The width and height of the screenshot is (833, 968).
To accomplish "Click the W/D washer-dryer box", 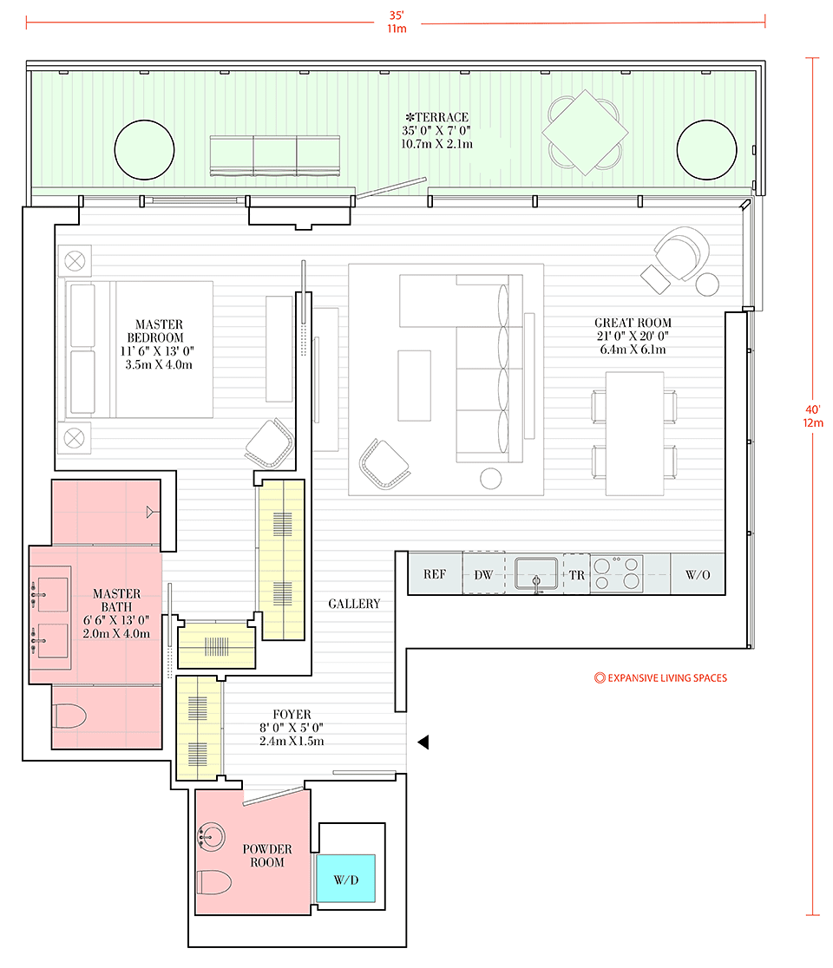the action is tap(346, 878).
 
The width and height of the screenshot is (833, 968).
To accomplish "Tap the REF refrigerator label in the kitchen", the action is tap(435, 574).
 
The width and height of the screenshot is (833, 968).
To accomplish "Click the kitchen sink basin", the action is tap(536, 573).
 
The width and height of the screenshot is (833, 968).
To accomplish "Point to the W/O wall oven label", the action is tap(698, 575).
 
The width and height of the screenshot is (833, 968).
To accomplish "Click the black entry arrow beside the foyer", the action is tap(423, 742).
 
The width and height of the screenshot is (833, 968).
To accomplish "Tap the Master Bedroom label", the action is tap(158, 344).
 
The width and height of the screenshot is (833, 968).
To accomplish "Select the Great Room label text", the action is tap(633, 336).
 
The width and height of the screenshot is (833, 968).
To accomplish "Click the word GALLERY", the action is tap(354, 604).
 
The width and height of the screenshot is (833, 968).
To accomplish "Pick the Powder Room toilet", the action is tap(213, 882).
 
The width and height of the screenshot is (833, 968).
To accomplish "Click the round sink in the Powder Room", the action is tap(211, 837).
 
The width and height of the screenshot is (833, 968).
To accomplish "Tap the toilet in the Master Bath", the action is tap(69, 716).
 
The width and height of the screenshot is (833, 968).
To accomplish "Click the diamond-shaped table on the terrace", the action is tap(585, 132).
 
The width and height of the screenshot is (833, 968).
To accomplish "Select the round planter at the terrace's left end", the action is tap(145, 149).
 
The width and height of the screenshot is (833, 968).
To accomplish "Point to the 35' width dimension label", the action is tap(397, 22).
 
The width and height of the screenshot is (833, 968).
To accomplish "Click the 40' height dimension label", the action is tap(813, 416).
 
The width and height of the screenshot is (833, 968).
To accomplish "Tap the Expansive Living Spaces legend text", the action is tap(660, 677).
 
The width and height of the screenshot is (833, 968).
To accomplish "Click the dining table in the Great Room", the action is tap(635, 434).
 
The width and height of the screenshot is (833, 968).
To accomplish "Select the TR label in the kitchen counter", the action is tap(577, 575).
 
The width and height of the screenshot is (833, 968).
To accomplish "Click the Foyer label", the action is tap(292, 727).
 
